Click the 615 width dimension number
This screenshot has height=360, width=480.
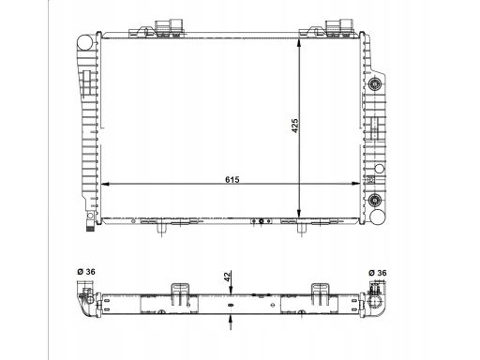tap(232, 180)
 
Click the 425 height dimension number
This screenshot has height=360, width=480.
tap(295, 126)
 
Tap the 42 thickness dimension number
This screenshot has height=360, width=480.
tap(227, 277)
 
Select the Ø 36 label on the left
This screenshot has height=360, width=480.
tap(86, 272)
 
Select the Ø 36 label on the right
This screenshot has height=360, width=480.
tap(378, 273)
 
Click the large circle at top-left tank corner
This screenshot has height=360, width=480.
tap(84, 42)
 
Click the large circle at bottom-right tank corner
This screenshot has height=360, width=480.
tap(378, 217)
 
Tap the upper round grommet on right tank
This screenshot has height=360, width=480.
tap(375, 84)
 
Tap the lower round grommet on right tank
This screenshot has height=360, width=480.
tap(375, 200)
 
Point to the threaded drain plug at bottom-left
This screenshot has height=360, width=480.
tap(90, 226)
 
